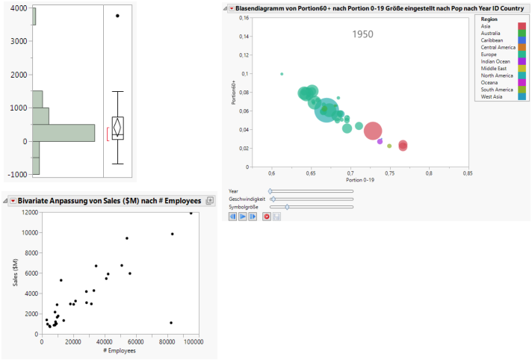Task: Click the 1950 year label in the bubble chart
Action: point(363,34)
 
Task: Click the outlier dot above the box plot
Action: point(117,16)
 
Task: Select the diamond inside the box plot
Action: point(117,126)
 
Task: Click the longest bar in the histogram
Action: point(64,132)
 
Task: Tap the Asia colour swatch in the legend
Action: point(521,26)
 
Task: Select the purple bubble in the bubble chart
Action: point(380,140)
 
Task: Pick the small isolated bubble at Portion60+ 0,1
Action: point(282,74)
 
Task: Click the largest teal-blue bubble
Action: point(327,110)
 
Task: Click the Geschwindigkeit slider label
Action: point(247,199)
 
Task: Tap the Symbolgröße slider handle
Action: point(287,207)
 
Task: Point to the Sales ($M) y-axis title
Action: point(16,276)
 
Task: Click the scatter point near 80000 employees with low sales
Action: point(171,323)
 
